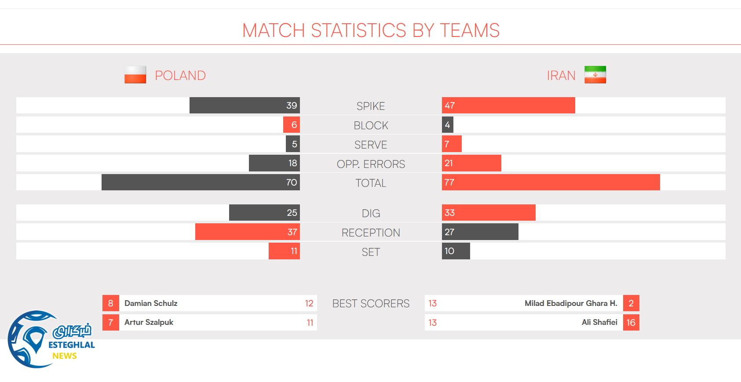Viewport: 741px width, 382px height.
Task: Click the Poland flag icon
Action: (135, 75)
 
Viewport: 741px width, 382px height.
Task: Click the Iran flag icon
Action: (595, 75)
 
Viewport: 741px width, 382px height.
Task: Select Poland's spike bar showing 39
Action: (245, 106)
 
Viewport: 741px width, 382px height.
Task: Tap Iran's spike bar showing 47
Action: (508, 106)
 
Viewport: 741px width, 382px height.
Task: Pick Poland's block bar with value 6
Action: (292, 125)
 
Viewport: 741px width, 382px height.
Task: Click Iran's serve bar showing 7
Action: (452, 144)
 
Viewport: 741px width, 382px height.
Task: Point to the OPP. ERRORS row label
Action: (371, 164)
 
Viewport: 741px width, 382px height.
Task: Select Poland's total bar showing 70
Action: (201, 182)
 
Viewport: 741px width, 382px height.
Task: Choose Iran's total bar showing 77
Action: (551, 182)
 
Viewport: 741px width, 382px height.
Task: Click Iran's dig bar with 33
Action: (489, 213)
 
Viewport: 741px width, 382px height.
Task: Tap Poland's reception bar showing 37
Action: (248, 232)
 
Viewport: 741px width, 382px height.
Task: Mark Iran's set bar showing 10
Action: (456, 251)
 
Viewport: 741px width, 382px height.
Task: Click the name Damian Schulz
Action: (151, 303)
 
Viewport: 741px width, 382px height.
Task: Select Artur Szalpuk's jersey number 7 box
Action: (111, 323)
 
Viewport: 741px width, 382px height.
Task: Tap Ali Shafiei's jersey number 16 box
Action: (631, 323)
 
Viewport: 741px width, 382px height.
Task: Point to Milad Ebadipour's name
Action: (571, 303)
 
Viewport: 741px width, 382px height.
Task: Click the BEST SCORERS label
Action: (371, 304)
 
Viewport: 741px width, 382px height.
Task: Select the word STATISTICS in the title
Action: (358, 30)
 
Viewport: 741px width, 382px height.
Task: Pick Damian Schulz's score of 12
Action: (309, 303)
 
